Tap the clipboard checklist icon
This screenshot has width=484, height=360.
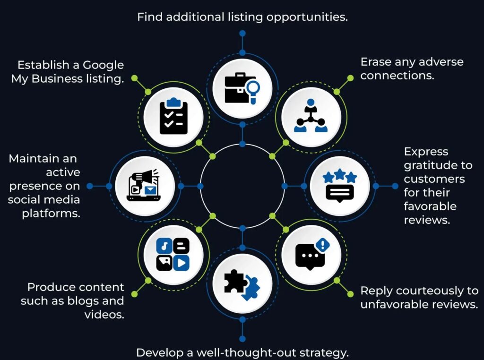pos(173,116)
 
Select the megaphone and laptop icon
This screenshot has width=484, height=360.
pos(144,185)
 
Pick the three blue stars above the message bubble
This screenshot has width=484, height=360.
pos(339,176)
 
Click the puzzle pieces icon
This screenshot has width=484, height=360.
pos(242,285)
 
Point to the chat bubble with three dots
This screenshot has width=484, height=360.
pos(310,257)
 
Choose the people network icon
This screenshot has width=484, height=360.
pos(311,116)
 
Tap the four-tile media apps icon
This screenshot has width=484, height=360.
pos(173,255)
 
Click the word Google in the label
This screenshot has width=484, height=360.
pos(103,65)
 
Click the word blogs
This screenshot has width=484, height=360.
pos(83,301)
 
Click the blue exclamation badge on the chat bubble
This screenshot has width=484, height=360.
pos(322,245)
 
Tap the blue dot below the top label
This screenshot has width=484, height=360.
pos(242,34)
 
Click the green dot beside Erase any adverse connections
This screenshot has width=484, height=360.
pos(350,78)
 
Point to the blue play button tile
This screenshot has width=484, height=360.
pos(181,263)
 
